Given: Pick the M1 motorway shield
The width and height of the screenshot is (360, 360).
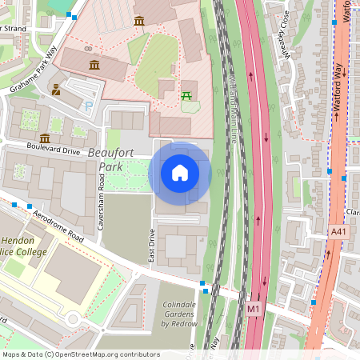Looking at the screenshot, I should point(254,308).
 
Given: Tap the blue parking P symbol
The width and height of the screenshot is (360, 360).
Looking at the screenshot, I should point(89,105).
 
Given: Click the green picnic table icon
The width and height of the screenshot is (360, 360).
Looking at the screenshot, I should point(187,95).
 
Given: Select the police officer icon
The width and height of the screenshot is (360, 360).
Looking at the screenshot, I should point(57,90).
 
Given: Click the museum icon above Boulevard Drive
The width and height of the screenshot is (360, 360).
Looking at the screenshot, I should point(45,138).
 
